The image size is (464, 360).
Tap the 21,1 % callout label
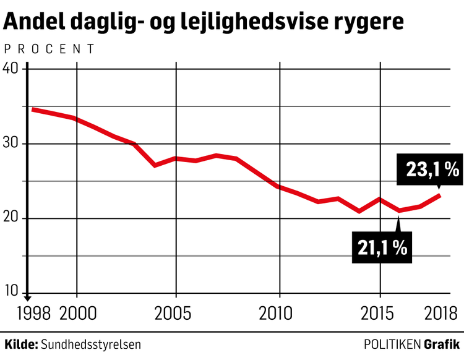[382, 247]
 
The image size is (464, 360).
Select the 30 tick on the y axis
[12, 144]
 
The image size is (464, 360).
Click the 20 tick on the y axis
[12, 218]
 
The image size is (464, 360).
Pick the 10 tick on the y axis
[12, 293]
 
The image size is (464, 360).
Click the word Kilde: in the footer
[21, 344]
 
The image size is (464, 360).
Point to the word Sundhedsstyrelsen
[90, 344]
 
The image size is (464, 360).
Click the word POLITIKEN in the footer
[392, 344]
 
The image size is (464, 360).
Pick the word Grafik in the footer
[442, 344]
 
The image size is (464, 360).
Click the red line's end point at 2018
[439, 195]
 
